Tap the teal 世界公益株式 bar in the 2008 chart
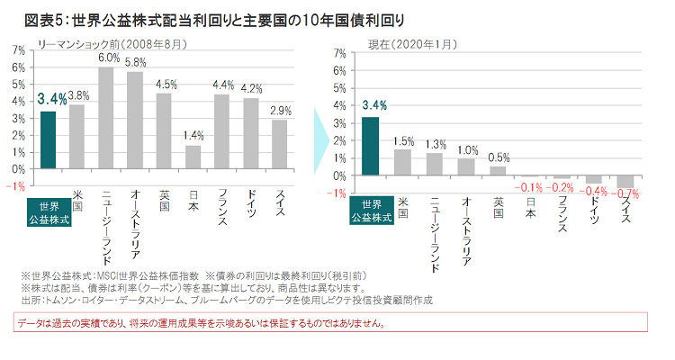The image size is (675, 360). pyautogui.click(x=49, y=139)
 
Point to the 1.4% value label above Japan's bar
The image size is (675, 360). pyautogui.click(x=193, y=135)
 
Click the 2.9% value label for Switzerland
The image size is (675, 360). pyautogui.click(x=280, y=110)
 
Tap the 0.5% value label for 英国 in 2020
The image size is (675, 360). pyautogui.click(x=499, y=158)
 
